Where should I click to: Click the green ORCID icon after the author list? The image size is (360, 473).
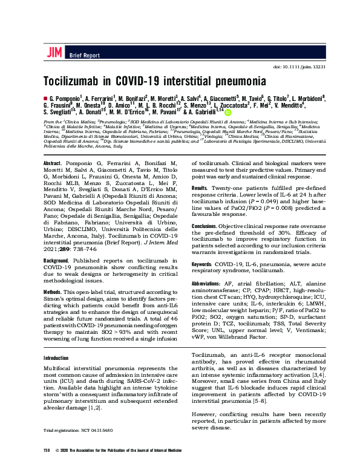point(227,113)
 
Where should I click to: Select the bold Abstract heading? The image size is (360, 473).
point(53,164)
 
